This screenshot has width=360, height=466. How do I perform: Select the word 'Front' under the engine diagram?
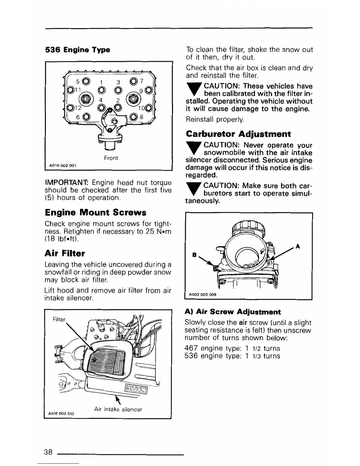111,158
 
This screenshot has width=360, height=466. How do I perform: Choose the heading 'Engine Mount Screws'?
95,212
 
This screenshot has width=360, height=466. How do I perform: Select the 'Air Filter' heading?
64,253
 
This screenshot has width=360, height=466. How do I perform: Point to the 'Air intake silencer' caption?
118,409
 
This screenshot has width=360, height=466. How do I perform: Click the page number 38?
48,452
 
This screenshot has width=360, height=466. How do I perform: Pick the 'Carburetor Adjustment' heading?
239,134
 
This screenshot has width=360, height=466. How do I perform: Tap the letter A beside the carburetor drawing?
298,246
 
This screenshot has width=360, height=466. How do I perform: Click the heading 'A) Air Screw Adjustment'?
233,312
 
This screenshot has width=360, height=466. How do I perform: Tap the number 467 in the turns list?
191,348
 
